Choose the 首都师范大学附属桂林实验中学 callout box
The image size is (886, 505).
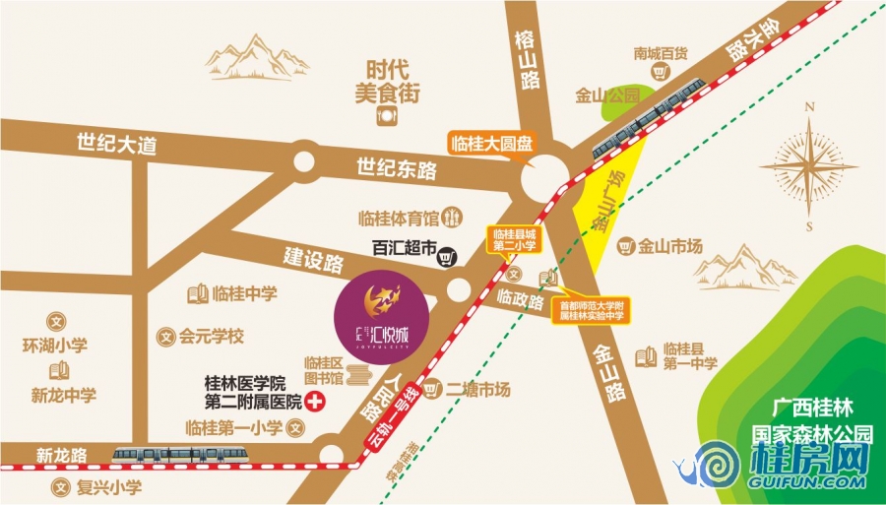click(593, 311)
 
